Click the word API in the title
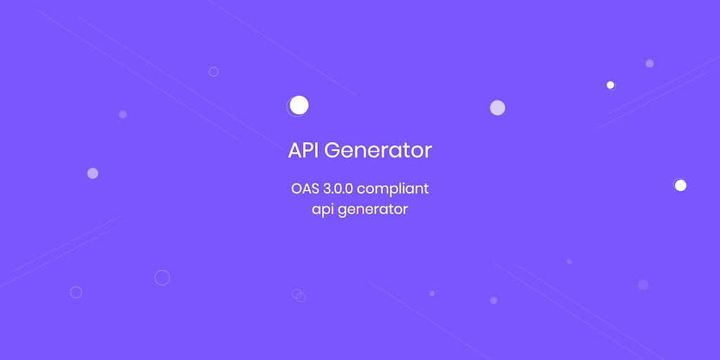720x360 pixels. (x=304, y=150)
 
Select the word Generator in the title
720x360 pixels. (x=378, y=150)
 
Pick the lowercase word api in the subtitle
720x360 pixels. (x=323, y=210)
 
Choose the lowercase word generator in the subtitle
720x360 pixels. (x=373, y=210)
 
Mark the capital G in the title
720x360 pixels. (x=333, y=150)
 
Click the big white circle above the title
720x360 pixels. (x=299, y=105)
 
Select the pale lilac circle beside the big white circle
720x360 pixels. (x=497, y=108)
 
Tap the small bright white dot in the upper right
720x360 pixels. (x=610, y=85)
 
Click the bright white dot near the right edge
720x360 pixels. (x=681, y=185)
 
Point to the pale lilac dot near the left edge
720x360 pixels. (x=93, y=173)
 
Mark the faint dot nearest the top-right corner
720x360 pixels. (x=649, y=63)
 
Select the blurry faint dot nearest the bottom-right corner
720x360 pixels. (x=643, y=285)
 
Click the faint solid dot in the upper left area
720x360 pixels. (x=122, y=115)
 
